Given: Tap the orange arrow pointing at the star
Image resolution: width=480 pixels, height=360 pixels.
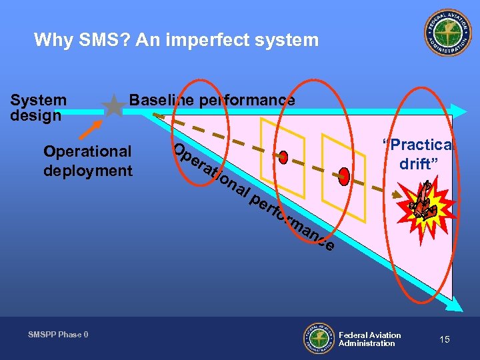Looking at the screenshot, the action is click(93, 129).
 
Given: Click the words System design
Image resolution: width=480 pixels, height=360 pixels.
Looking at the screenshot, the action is click(39, 107).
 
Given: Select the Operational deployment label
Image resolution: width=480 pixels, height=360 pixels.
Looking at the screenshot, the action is click(88, 161).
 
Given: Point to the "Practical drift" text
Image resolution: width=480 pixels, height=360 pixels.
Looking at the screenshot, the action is click(417, 154).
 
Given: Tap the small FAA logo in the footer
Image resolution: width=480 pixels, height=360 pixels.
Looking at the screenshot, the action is click(319, 338).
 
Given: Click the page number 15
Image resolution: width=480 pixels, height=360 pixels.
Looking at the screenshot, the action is click(444, 339).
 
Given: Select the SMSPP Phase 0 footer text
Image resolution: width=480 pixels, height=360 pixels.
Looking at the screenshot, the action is click(58, 334).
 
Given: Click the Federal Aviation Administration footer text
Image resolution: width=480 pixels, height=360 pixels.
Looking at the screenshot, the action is click(369, 339).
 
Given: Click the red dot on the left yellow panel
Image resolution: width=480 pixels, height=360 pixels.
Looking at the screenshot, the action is click(283, 157).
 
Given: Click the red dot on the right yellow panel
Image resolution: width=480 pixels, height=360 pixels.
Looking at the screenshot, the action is click(344, 175).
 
